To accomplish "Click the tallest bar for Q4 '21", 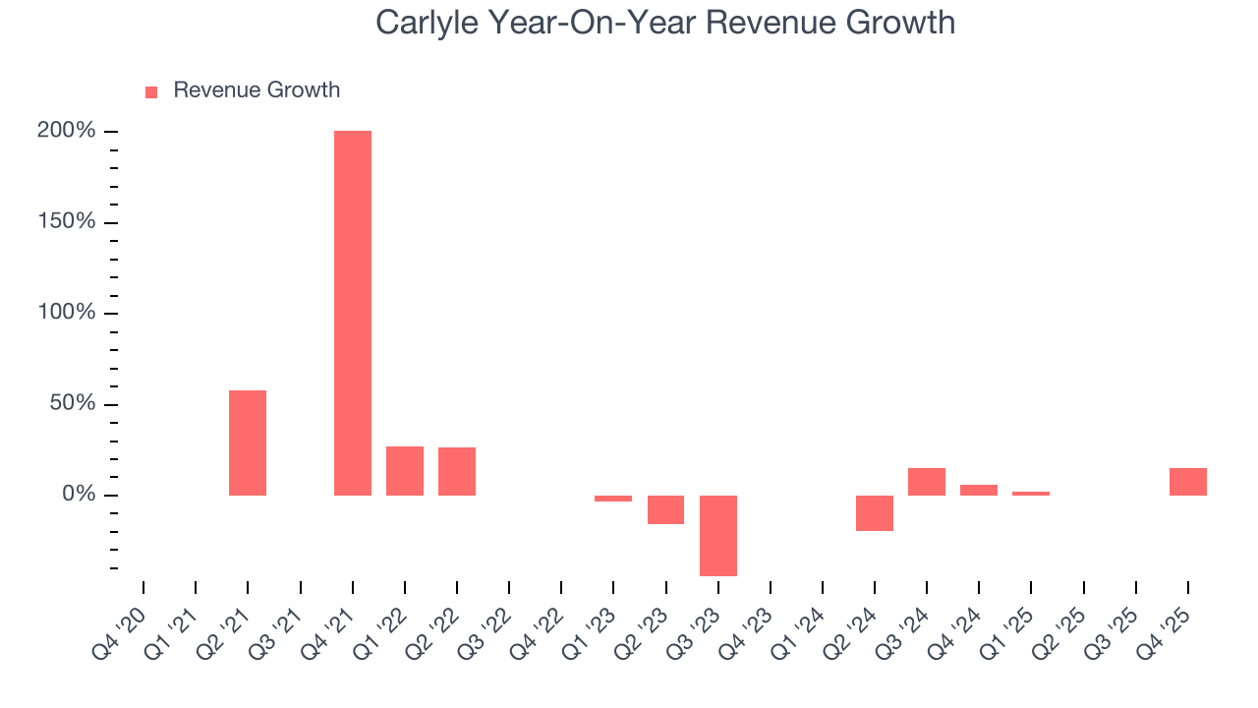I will pos(353,313).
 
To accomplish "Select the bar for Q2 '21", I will pos(248,442).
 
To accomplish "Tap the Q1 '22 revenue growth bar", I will pos(405,471).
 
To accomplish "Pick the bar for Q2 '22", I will pos(457,471).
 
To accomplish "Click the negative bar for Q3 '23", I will pos(718,535).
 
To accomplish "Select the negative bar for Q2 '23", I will pos(666,509).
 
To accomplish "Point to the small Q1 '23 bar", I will pos(613,499).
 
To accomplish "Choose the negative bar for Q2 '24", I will pos(875,512).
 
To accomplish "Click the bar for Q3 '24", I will pos(927,482).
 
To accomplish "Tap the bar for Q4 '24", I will pos(979,490).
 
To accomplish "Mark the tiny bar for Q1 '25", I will pos(1031,494).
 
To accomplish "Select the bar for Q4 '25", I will pos(1188,482).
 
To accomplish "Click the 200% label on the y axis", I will pos(67,131).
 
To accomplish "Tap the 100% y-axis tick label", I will pos(67,313).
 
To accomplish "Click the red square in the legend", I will pos(151,91).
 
